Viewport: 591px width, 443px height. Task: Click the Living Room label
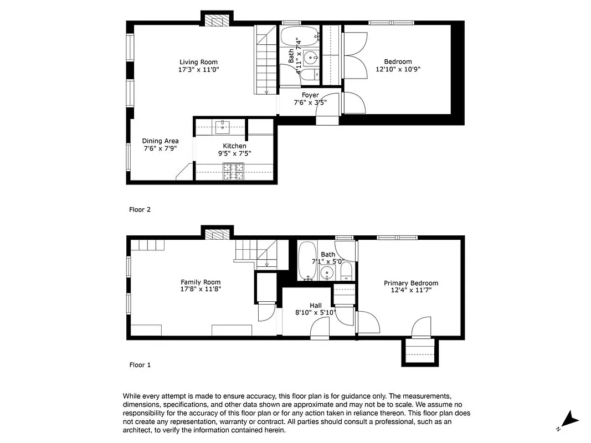198,62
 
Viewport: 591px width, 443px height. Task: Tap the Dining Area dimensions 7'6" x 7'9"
160,149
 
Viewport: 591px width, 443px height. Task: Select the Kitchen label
234,146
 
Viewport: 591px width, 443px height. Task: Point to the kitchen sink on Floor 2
223,126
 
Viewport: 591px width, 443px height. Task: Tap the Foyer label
310,95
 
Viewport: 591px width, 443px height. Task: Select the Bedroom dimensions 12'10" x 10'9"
398,70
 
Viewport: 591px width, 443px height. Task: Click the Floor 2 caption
140,210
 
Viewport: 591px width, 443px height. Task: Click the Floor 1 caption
140,365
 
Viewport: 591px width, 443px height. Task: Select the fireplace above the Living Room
217,19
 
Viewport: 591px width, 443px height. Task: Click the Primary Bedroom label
411,283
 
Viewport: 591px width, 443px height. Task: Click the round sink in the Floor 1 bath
327,272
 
